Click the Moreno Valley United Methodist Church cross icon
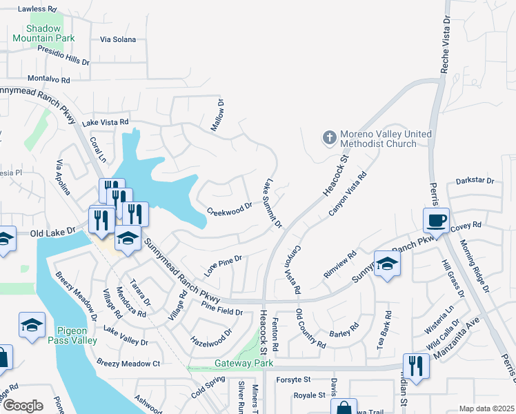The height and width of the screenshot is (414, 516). point(329,138)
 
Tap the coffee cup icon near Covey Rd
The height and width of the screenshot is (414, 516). point(436,221)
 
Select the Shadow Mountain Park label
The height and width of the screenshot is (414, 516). point(50,33)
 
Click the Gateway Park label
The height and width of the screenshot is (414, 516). point(244,363)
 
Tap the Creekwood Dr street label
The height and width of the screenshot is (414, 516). point(230,208)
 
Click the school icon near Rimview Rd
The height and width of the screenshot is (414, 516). point(386,264)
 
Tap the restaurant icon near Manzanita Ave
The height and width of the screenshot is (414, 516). point(417,365)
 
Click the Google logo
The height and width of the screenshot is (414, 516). point(23,406)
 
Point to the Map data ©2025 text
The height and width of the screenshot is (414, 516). point(486,408)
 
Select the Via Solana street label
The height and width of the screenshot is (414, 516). point(118,40)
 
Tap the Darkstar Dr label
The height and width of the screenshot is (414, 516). point(475,181)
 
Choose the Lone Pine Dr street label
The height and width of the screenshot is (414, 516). point(223,262)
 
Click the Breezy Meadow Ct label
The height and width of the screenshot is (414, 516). point(128,363)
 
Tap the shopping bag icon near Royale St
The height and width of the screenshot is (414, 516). point(344,407)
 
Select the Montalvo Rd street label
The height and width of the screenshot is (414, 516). point(49,80)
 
